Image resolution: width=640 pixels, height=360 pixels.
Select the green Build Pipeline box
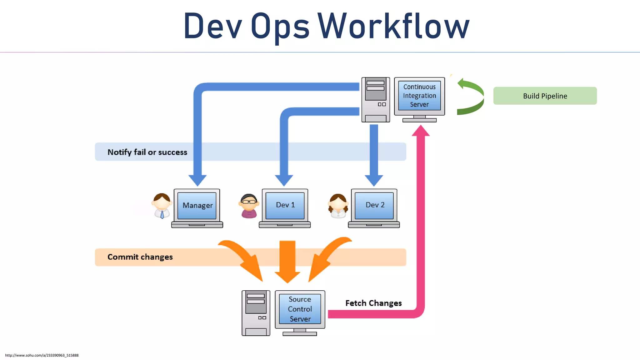[545, 96]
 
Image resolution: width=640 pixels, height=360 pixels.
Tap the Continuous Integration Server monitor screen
[419, 96]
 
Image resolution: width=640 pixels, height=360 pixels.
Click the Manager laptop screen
[197, 205]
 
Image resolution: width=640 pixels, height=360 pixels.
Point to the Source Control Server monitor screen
[300, 309]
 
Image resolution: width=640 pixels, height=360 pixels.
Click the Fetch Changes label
[373, 303]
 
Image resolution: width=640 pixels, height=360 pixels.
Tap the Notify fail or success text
[147, 152]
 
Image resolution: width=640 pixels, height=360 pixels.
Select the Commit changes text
[140, 257]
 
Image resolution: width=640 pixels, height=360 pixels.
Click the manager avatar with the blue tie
[162, 205]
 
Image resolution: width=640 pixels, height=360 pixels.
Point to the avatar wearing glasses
[249, 206]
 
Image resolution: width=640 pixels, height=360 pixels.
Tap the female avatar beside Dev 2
[338, 206]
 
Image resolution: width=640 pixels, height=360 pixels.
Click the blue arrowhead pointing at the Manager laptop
[197, 180]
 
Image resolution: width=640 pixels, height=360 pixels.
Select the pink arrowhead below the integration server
[421, 131]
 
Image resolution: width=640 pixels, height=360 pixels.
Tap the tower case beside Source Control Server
[256, 313]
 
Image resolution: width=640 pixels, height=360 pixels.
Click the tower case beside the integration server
[375, 99]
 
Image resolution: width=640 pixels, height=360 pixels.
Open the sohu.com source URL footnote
[42, 355]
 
